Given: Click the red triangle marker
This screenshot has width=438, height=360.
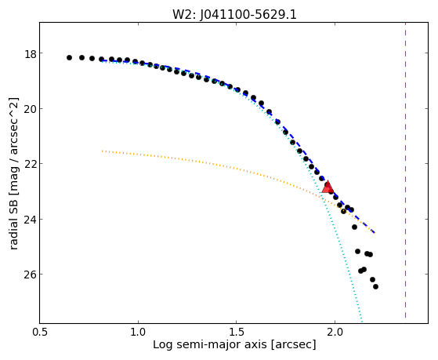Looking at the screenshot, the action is (x=328, y=187).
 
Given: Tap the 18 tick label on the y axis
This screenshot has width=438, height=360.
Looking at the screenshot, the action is (x=31, y=54).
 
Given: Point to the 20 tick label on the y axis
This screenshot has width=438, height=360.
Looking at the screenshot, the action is (x=31, y=110).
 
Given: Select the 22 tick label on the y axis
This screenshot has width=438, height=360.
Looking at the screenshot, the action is (x=31, y=165).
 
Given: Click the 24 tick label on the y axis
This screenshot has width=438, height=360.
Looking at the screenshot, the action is (x=31, y=220).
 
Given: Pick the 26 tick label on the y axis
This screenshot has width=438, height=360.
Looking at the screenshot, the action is (x=31, y=275).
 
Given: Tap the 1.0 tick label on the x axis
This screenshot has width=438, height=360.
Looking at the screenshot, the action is (x=138, y=332).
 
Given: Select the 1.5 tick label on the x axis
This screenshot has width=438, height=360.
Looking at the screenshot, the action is (x=237, y=332).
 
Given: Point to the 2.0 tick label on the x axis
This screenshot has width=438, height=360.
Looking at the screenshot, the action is (x=335, y=332).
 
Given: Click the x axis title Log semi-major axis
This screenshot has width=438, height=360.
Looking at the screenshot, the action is (x=210, y=345).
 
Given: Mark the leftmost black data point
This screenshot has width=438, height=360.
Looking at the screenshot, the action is (x=69, y=57).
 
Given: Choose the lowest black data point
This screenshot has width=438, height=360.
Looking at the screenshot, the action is (x=375, y=286).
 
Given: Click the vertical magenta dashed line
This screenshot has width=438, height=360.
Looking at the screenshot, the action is (x=405, y=170).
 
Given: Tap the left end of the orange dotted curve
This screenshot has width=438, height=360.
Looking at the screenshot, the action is (x=102, y=151).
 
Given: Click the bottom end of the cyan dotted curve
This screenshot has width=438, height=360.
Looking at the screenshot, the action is (x=362, y=322).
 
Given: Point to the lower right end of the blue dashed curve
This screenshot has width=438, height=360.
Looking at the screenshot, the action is (x=375, y=233).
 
